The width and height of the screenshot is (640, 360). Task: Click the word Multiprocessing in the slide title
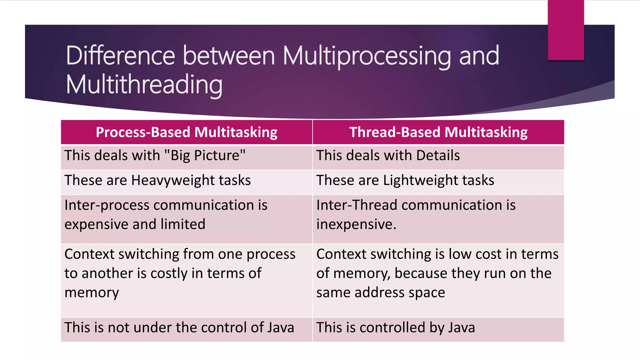click(367, 56)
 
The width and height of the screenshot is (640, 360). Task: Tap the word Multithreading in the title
click(144, 85)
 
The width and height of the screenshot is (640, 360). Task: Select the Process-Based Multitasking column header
click(187, 132)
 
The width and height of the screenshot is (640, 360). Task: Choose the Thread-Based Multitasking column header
click(438, 132)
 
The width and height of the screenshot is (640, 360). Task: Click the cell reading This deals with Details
click(388, 156)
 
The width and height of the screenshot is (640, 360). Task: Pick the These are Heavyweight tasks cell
click(157, 181)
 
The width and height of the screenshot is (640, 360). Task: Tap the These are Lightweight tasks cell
click(405, 181)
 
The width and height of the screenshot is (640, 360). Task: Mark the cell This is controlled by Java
click(395, 328)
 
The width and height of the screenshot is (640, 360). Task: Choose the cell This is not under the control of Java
click(179, 328)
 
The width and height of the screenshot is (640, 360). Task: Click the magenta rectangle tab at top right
click(566, 30)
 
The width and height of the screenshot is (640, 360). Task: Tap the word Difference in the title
click(120, 56)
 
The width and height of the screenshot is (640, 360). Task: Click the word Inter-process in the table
click(107, 205)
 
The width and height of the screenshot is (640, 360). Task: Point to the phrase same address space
click(381, 292)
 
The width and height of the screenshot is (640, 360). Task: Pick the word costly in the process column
click(169, 273)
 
